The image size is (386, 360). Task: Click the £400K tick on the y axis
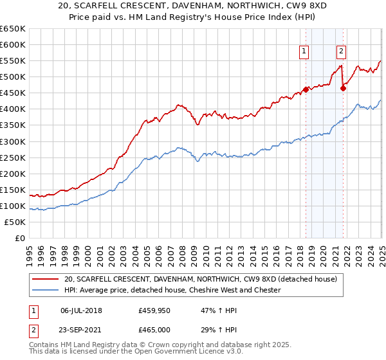coord(13,109)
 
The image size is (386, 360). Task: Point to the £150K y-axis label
coord(13,190)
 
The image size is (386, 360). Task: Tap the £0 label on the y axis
coord(19,239)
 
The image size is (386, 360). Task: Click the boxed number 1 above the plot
coord(303,53)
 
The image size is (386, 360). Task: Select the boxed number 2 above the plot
coord(340,53)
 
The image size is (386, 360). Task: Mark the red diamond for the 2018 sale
coord(306,89)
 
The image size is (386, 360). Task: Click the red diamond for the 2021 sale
coord(343,88)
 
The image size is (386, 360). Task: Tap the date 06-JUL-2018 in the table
coord(82,309)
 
